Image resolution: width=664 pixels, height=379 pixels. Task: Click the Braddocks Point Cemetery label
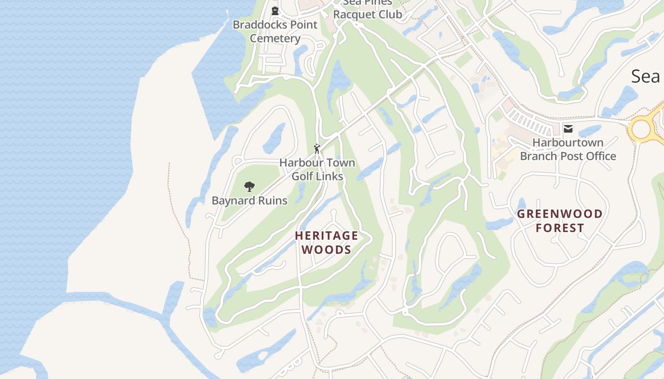coord(275,31)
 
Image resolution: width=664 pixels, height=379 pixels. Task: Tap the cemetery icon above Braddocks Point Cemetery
coord(275,10)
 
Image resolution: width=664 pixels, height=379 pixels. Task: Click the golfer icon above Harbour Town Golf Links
coord(317,149)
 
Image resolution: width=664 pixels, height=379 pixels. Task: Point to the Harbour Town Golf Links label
coord(317,169)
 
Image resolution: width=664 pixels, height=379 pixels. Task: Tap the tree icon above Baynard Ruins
coord(249,187)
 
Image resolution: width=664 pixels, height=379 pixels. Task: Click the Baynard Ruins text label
coord(249,200)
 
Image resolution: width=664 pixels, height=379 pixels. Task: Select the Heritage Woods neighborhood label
coord(326,243)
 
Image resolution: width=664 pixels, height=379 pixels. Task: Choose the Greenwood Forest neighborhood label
coord(560,221)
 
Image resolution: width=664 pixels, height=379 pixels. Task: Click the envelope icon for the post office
coord(568,128)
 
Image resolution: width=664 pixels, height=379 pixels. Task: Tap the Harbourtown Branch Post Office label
coord(568,149)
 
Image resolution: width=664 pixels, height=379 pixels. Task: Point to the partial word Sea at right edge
coord(646,76)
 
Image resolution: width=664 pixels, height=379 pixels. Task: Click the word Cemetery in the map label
coord(275,38)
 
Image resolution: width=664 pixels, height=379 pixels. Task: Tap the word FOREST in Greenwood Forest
coord(560,228)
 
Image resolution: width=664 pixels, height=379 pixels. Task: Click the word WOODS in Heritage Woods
coord(326,250)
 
